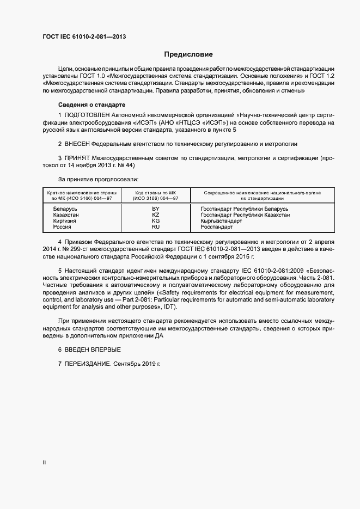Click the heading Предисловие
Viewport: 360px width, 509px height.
click(x=188, y=54)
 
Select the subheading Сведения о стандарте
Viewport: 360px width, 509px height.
click(x=91, y=104)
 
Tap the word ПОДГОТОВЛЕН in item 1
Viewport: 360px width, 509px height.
click(x=87, y=116)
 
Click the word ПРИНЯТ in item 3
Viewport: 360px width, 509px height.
click(x=77, y=158)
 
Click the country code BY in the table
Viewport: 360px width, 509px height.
click(x=155, y=209)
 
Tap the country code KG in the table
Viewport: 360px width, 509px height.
click(x=155, y=221)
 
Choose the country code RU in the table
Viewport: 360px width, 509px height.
click(x=155, y=227)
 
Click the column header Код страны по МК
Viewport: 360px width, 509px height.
click(x=155, y=193)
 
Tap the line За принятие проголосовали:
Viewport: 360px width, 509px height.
click(x=98, y=179)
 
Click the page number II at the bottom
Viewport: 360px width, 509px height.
click(x=44, y=463)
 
